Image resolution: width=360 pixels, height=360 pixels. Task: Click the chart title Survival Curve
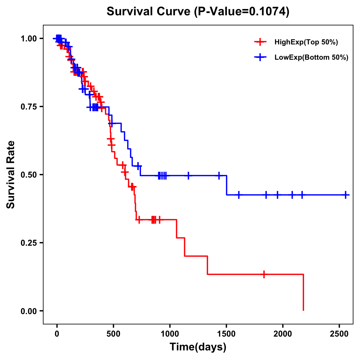tap(198, 12)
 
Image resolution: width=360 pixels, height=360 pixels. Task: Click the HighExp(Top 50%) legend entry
tap(306, 42)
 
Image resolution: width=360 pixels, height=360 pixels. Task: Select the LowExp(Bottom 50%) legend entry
tap(311, 57)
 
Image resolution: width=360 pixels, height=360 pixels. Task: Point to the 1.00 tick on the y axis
tap(28, 39)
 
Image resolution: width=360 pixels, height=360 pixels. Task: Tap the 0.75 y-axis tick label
tap(28, 107)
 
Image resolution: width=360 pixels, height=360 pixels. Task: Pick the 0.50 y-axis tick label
tap(28, 175)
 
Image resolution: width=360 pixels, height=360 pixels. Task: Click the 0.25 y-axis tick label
tap(28, 243)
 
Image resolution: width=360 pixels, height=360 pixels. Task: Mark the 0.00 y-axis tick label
tap(28, 311)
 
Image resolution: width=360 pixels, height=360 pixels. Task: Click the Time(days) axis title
tap(198, 347)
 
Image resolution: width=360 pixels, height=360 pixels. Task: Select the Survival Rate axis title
tap(11, 175)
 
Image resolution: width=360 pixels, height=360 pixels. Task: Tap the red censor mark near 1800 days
tap(264, 274)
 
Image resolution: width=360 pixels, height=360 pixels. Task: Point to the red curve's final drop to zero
tap(303, 292)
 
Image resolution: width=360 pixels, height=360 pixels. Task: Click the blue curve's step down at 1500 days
tap(226, 185)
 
